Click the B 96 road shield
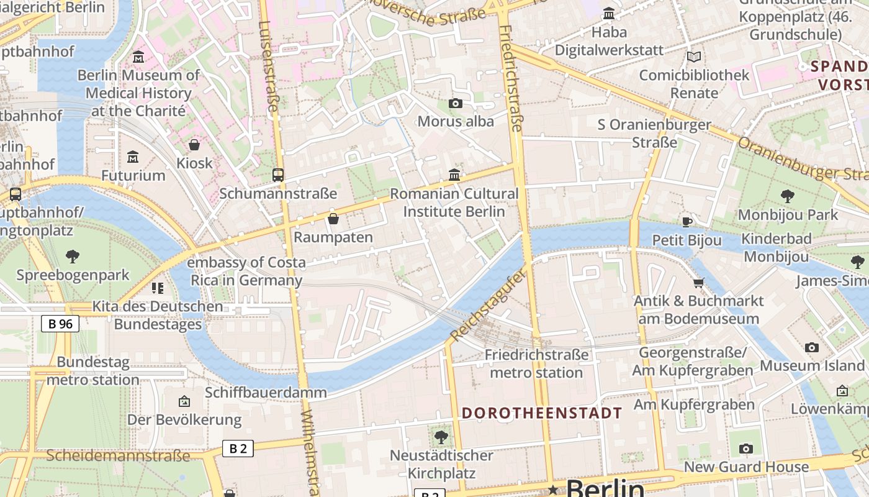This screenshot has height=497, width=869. pyautogui.click(x=60, y=324)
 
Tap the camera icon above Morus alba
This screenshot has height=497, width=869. pyautogui.click(x=456, y=103)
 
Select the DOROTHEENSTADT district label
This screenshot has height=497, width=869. pyautogui.click(x=542, y=413)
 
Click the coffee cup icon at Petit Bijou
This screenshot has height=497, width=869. pyautogui.click(x=687, y=222)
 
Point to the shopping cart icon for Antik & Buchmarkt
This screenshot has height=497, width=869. pyautogui.click(x=698, y=283)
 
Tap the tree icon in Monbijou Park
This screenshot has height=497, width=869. pyautogui.click(x=787, y=196)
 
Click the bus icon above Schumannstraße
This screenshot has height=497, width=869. pyautogui.click(x=277, y=175)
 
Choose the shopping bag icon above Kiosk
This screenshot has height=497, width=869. pyautogui.click(x=194, y=145)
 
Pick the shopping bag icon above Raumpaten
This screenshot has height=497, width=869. pyautogui.click(x=333, y=219)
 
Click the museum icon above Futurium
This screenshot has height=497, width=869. pyautogui.click(x=133, y=157)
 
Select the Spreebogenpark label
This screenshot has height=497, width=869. pyautogui.click(x=73, y=275)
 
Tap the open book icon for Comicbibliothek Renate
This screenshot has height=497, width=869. pyautogui.click(x=694, y=57)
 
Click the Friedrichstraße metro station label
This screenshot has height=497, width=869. pyautogui.click(x=536, y=363)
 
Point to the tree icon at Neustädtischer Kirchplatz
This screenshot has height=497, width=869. pyautogui.click(x=441, y=437)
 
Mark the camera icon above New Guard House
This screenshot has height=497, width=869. pyautogui.click(x=746, y=449)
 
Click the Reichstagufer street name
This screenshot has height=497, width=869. pyautogui.click(x=488, y=305)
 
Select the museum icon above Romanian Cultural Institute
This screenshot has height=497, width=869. pyautogui.click(x=454, y=175)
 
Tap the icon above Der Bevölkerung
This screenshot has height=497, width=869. pyautogui.click(x=184, y=401)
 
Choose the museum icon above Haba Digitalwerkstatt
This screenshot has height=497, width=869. pyautogui.click(x=609, y=13)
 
